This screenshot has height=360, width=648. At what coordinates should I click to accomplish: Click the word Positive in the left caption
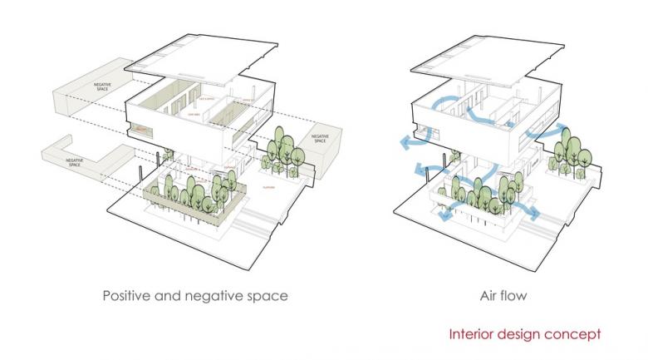[127, 295]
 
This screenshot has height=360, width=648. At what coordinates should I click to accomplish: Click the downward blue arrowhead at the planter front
[447, 219]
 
